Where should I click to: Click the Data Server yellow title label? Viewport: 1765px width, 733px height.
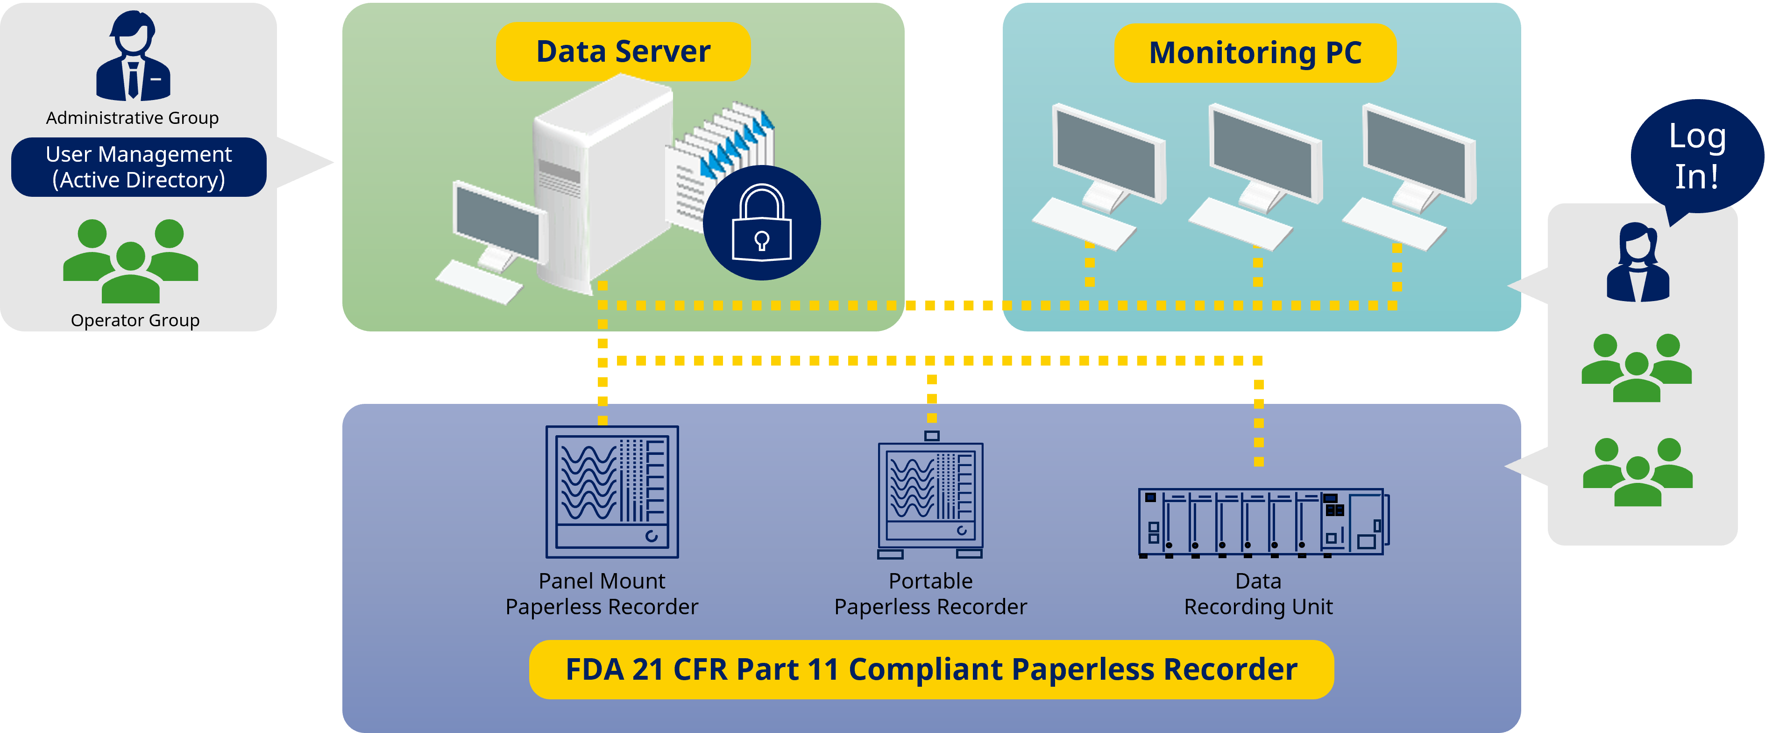[623, 51]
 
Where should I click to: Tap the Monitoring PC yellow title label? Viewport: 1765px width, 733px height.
[1255, 53]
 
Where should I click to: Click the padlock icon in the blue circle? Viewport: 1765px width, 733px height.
[761, 223]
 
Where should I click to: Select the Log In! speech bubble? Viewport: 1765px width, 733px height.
[1696, 156]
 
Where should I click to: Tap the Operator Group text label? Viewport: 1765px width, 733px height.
[135, 320]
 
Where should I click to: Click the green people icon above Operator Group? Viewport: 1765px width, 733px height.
[130, 260]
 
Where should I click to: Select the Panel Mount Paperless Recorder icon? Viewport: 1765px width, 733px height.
[611, 492]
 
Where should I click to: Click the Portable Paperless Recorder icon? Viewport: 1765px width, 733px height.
[930, 497]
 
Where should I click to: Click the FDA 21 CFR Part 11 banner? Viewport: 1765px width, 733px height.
[930, 669]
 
